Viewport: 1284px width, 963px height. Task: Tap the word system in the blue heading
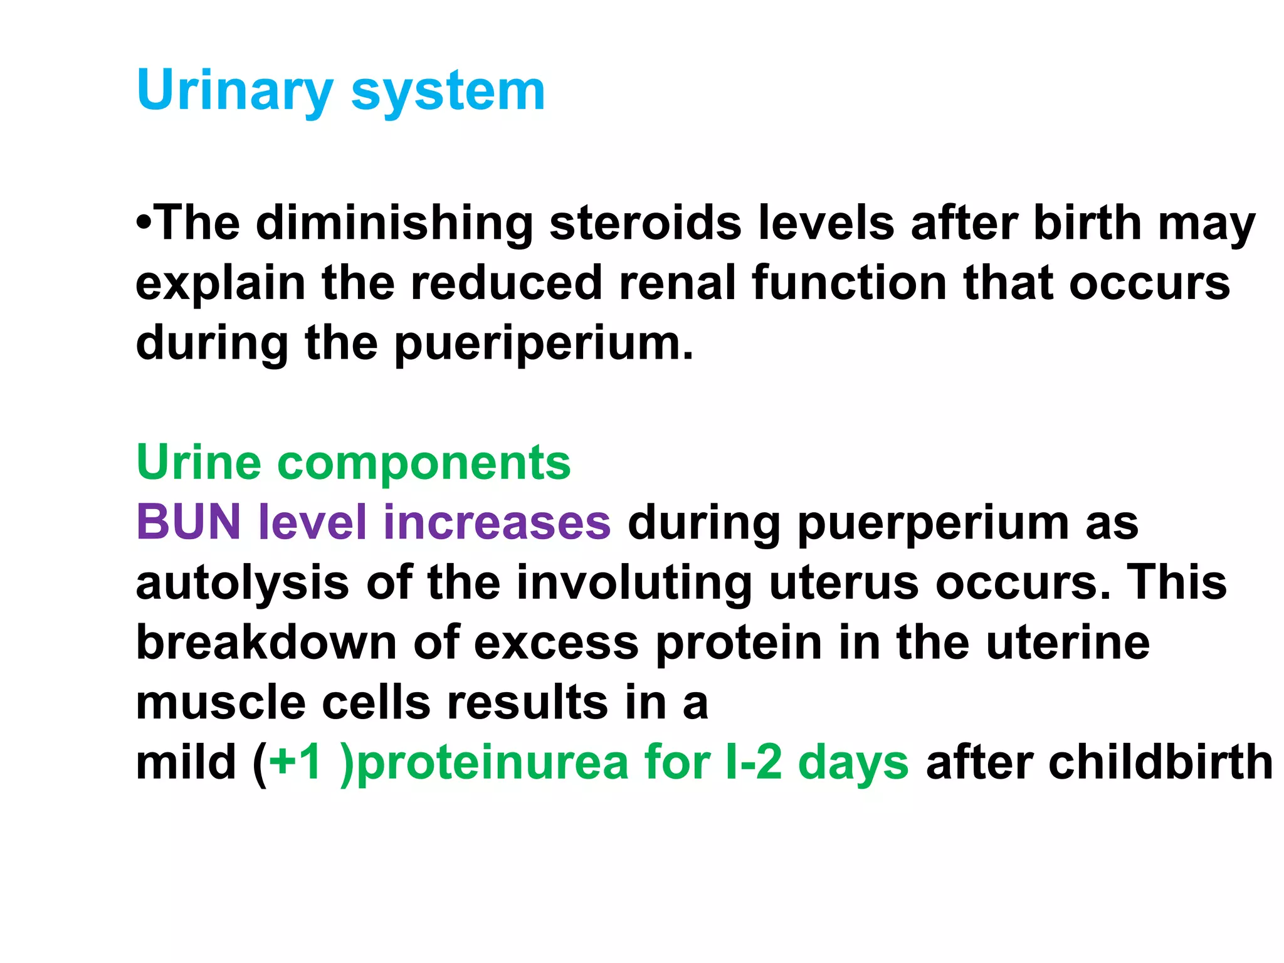pyautogui.click(x=448, y=91)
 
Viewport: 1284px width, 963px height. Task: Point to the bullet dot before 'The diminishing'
pyautogui.click(x=144, y=222)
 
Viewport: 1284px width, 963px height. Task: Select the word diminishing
pyautogui.click(x=394, y=223)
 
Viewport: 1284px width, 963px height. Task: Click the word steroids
pyautogui.click(x=645, y=223)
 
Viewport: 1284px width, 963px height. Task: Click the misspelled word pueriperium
pyautogui.click(x=543, y=344)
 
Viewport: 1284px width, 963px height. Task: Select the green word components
pyautogui.click(x=424, y=463)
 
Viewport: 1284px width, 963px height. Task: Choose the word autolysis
pyautogui.click(x=242, y=582)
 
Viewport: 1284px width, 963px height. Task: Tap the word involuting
pyautogui.click(x=634, y=582)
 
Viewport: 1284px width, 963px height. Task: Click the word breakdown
pyautogui.click(x=266, y=643)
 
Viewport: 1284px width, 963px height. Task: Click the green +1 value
pyautogui.click(x=295, y=762)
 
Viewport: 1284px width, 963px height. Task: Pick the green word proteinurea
pyautogui.click(x=492, y=762)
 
